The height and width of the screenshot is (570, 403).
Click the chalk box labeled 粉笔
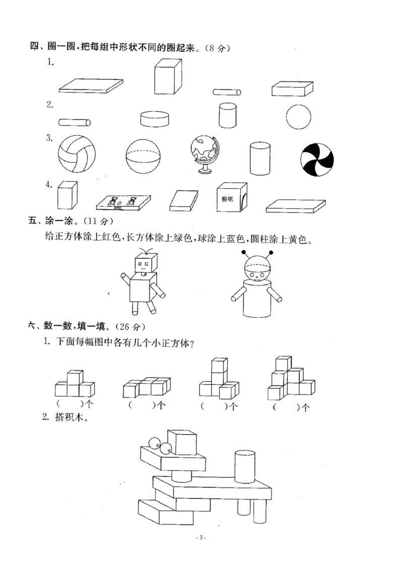tap(231, 197)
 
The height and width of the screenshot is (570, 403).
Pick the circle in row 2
tap(300, 117)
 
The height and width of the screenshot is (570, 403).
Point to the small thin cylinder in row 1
tap(227, 92)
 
